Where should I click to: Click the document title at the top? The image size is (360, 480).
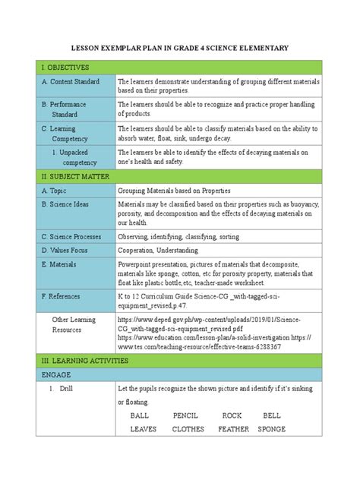point(180,49)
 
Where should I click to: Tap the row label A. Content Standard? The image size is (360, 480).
point(75,81)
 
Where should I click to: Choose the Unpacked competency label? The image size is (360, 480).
point(80,157)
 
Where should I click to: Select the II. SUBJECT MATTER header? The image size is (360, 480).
point(75,175)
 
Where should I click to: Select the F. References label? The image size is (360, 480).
point(67,295)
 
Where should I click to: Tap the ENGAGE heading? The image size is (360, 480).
point(58,375)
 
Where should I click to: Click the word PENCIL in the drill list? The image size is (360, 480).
point(185,416)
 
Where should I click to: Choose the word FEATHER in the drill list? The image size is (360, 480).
point(233,429)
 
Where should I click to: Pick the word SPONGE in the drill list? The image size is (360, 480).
point(271,429)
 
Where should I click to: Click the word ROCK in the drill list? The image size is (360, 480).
point(232,416)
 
